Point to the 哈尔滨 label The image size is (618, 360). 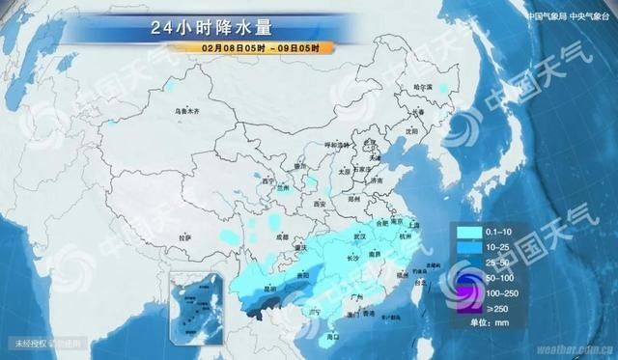425,87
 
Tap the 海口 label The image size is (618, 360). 333,336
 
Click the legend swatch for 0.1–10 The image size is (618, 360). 466,231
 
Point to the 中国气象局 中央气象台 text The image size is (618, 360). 570,15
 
